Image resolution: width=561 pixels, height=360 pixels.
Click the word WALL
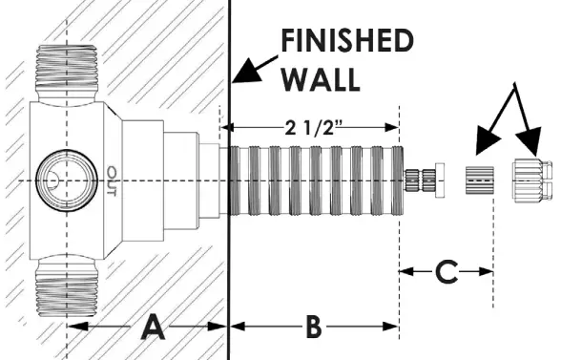point(321,77)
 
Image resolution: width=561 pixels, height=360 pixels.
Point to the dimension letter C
point(446,272)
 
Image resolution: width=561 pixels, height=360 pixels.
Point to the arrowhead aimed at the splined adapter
point(483,145)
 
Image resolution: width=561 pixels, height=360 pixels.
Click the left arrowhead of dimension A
point(75,327)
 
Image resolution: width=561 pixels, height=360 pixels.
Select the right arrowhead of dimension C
point(485,272)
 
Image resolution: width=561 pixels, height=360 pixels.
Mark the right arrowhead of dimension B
point(390,327)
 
